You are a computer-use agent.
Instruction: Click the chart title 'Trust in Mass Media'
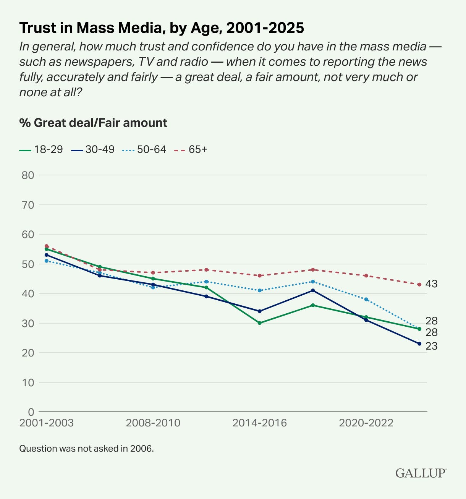pos(162,28)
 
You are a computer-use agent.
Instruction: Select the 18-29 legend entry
pos(41,149)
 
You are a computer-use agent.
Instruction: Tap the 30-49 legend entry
pos(93,149)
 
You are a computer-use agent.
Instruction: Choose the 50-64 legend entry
pos(144,149)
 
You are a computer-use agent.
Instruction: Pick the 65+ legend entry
pos(191,149)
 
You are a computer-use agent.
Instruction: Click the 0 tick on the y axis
pos(31,412)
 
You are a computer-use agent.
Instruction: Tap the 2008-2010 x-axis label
pos(153,423)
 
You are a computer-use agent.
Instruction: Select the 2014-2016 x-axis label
pos(260,423)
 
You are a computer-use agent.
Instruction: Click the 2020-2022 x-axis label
pos(366,423)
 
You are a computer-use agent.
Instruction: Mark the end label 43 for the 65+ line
pos(432,284)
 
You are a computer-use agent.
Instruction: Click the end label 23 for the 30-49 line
pos(432,346)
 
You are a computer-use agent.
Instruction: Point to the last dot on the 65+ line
pos(419,285)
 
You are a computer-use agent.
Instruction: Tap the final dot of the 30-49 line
pos(419,344)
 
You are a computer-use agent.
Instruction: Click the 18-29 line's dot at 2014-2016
pos(260,323)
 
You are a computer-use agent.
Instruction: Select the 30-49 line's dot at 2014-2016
pos(260,311)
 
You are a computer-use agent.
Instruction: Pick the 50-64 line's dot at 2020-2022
pos(366,299)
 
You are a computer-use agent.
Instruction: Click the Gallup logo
pos(421,473)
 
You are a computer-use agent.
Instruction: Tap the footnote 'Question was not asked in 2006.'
pos(86,449)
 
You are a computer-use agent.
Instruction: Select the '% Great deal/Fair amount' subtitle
pos(93,123)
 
